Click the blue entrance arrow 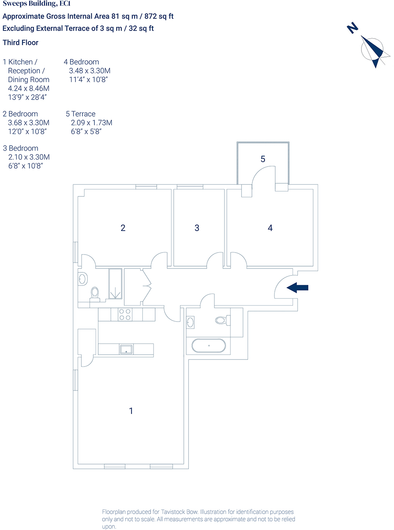(x=298, y=287)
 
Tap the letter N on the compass (x=352, y=28)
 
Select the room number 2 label (x=123, y=228)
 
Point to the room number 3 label (x=197, y=228)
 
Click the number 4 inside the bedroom (x=270, y=228)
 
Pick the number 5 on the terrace (x=263, y=159)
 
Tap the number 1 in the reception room (x=131, y=411)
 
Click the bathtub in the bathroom (x=209, y=346)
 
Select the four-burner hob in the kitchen (x=125, y=314)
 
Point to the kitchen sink (x=126, y=349)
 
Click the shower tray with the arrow (x=115, y=284)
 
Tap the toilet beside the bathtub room (x=222, y=320)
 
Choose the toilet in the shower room (x=95, y=294)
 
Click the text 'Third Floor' (x=21, y=43)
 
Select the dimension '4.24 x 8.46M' (x=29, y=88)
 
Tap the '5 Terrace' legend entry (x=81, y=114)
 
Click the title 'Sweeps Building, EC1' (x=37, y=4)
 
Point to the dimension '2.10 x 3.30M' (x=29, y=157)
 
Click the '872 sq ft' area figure (x=159, y=16)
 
